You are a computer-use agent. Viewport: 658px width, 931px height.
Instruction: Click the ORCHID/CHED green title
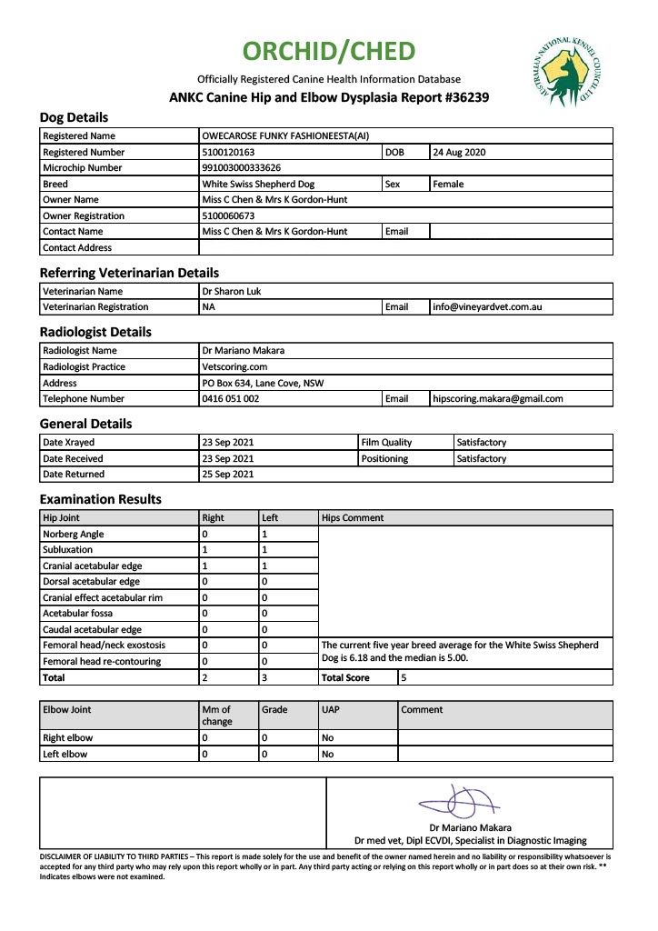click(329, 51)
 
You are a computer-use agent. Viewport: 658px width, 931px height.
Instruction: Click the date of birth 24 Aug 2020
click(460, 153)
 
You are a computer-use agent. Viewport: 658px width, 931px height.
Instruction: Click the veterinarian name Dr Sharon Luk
click(231, 292)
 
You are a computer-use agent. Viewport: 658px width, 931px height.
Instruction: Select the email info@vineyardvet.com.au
click(488, 307)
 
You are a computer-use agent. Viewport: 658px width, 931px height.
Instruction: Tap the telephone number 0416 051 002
click(231, 398)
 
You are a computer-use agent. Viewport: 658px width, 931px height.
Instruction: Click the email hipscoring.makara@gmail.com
click(498, 398)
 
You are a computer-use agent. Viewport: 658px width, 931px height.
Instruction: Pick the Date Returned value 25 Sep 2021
click(228, 474)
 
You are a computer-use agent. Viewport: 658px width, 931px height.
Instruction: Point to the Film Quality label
click(386, 443)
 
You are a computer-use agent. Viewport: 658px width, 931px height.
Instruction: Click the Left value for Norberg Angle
click(264, 535)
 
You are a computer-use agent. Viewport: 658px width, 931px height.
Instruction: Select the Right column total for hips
click(205, 677)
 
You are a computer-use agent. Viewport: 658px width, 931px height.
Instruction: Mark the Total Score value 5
click(404, 677)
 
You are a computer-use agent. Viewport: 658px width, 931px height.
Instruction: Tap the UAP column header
click(330, 710)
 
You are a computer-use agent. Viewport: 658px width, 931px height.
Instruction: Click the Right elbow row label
click(68, 738)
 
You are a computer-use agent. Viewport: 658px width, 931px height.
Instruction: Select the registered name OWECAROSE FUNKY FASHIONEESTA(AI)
click(285, 136)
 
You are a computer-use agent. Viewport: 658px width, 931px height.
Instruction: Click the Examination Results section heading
click(101, 499)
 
